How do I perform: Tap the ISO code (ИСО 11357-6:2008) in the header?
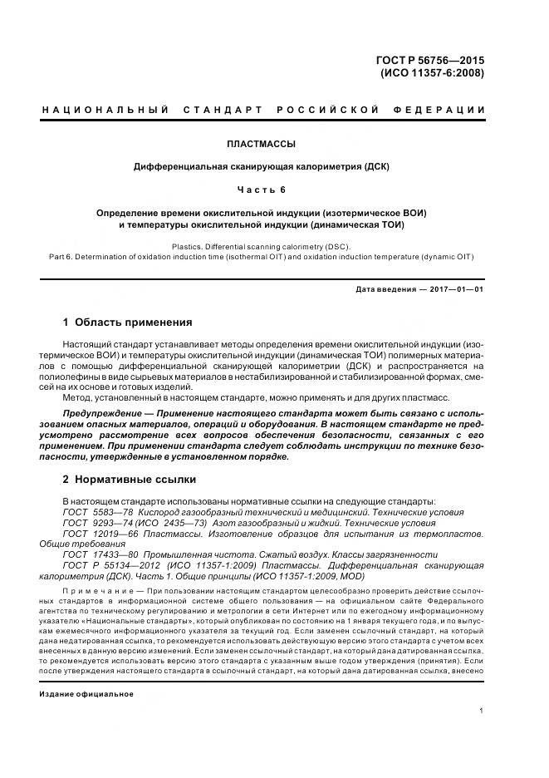(433, 72)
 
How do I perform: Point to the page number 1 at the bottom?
(482, 712)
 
